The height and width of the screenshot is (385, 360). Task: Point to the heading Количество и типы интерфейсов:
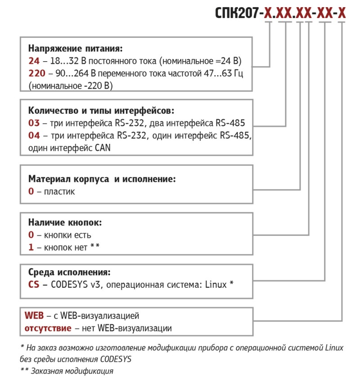[101, 111]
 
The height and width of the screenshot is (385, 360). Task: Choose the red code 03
[33, 123]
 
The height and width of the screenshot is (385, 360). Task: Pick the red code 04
[33, 135]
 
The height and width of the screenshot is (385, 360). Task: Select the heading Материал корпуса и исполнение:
[102, 179]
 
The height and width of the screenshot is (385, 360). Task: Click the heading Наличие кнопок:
[65, 222]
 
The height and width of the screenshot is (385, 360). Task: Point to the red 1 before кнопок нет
[31, 247]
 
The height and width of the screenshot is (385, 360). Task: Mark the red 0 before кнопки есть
[31, 235]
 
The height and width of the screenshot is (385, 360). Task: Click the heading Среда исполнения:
[69, 273]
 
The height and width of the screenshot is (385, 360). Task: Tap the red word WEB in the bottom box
[34, 315]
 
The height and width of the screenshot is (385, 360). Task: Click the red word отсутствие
[48, 328]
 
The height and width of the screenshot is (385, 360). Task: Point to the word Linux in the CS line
[216, 285]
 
